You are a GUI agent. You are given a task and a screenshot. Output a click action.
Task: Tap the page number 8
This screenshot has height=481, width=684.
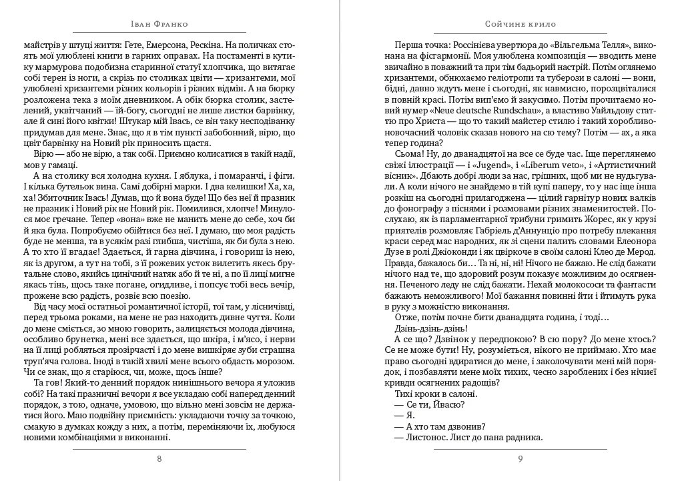(158, 458)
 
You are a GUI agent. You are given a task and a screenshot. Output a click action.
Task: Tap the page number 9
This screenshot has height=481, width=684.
(520, 458)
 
